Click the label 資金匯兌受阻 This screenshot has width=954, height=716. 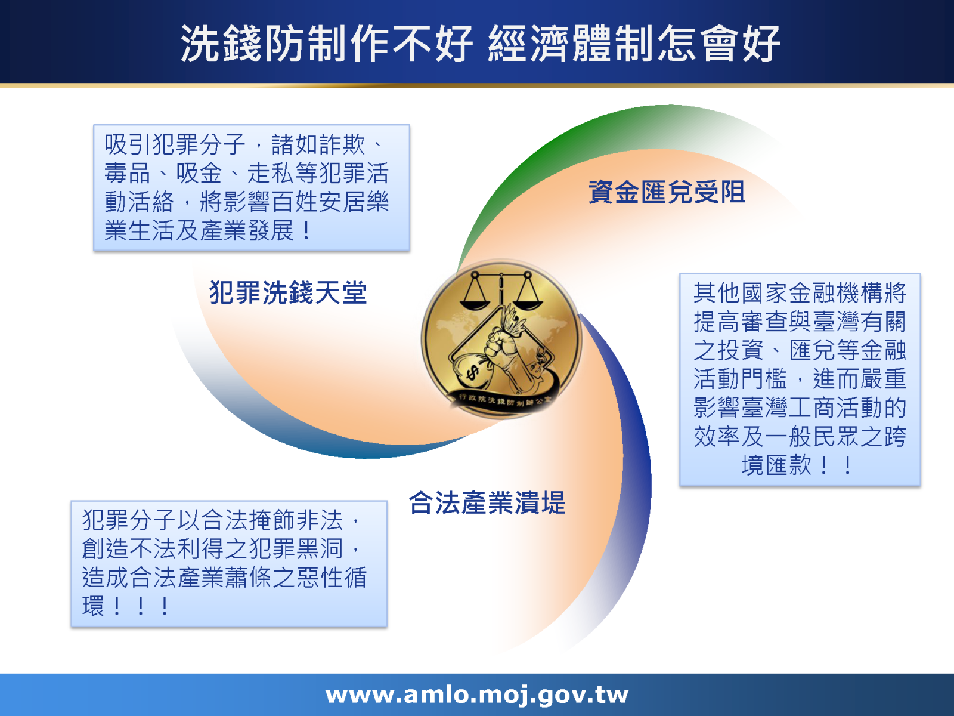pyautogui.click(x=667, y=192)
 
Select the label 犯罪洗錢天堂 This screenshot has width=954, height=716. pyautogui.click(x=288, y=293)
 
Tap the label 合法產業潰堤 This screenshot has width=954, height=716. pyautogui.click(x=487, y=503)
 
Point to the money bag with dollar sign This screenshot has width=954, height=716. pyautogui.click(x=474, y=373)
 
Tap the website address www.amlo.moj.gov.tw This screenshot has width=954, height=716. pyautogui.click(x=477, y=695)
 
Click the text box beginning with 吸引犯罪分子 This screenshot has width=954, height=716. pyautogui.click(x=252, y=187)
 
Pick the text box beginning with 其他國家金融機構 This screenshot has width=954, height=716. pyautogui.click(x=800, y=379)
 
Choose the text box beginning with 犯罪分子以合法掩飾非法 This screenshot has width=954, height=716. pyautogui.click(x=229, y=563)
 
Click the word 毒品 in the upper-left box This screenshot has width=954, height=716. pyautogui.click(x=127, y=174)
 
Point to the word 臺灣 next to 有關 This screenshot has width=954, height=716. pyautogui.click(x=835, y=322)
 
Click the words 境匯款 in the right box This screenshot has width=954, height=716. pyautogui.click(x=776, y=465)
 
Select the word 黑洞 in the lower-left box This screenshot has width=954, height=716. pyautogui.click(x=320, y=548)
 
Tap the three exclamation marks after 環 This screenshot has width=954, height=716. pyautogui.click(x=141, y=607)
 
